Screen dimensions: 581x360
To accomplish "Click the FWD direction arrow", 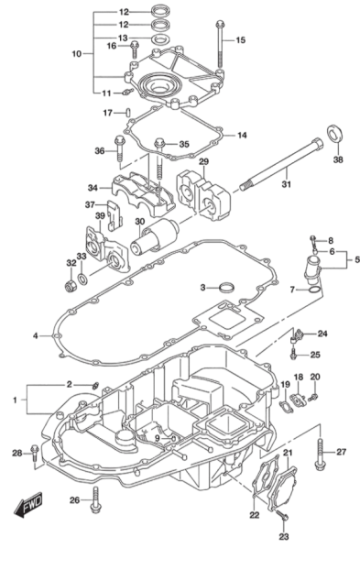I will [29, 503].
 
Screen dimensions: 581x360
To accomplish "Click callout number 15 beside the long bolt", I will [242, 40].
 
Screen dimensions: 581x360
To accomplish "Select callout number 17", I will [106, 113].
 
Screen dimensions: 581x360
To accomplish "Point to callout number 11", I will [106, 93].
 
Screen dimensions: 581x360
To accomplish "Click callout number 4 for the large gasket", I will [35, 336].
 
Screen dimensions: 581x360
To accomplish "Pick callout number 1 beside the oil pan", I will [16, 400].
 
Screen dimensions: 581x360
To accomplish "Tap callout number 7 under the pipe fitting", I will [292, 289].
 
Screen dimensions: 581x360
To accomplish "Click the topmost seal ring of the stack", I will [160, 11].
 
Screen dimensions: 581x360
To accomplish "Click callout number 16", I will [112, 45].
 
